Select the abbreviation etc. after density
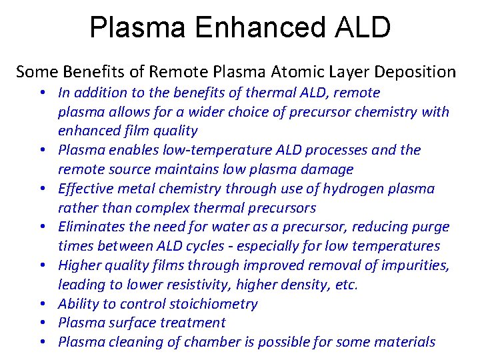click(346, 285)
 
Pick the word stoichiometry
click(213, 304)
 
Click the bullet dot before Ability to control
click(42, 305)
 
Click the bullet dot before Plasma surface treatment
click(42, 323)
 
